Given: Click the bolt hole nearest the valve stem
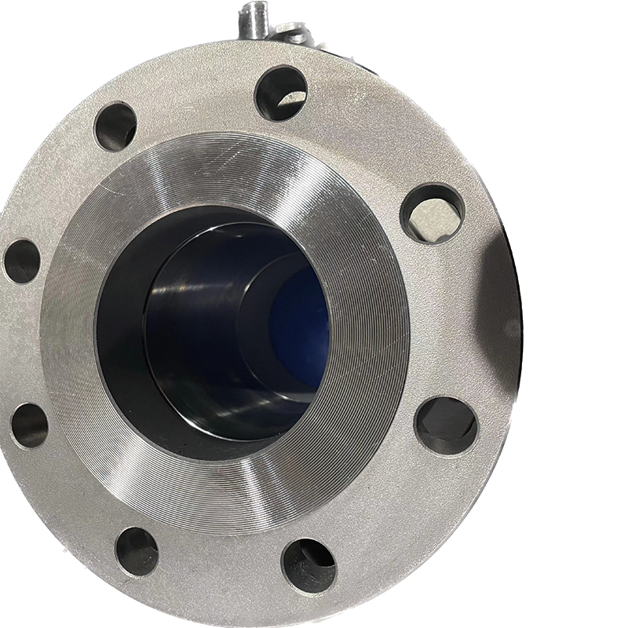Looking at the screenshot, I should [x=280, y=93].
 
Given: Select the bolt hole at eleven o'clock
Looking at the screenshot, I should [x=115, y=126].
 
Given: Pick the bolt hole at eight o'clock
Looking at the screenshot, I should [x=30, y=425].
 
